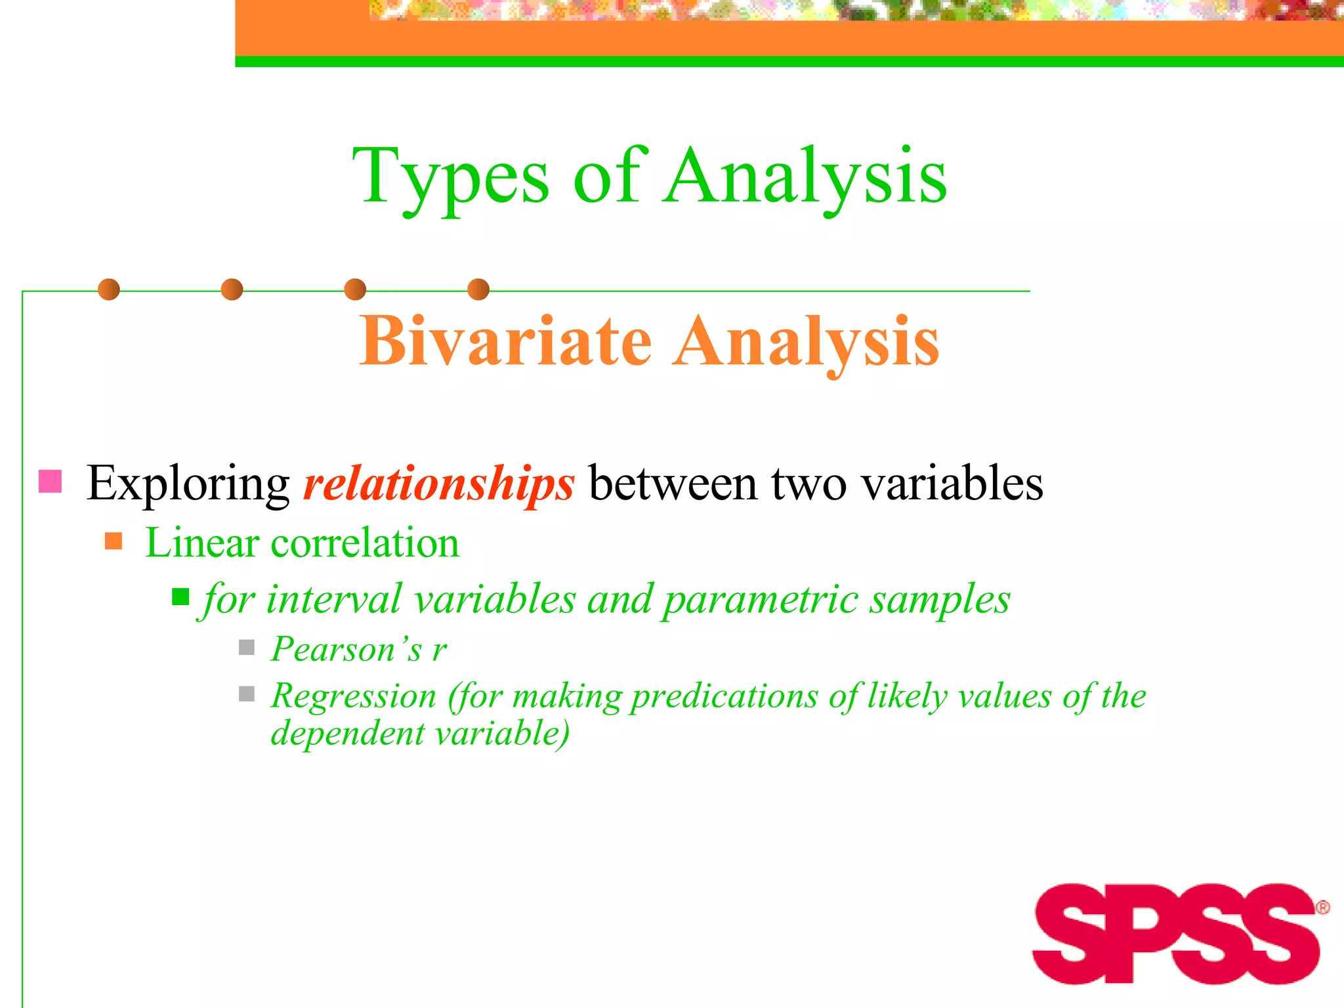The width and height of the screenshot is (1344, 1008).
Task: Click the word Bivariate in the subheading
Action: pyautogui.click(x=505, y=341)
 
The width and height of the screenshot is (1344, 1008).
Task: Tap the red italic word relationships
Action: pyautogui.click(x=438, y=484)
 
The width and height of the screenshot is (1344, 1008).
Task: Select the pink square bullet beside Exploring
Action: pyautogui.click(x=51, y=481)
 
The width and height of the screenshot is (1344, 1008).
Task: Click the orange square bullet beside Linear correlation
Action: pyautogui.click(x=114, y=541)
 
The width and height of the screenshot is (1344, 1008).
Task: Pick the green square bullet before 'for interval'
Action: pyautogui.click(x=180, y=597)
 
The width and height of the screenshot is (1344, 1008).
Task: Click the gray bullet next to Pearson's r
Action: pyautogui.click(x=247, y=648)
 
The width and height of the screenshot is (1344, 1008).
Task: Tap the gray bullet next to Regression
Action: pyautogui.click(x=247, y=694)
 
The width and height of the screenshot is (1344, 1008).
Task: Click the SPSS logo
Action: pyautogui.click(x=1175, y=934)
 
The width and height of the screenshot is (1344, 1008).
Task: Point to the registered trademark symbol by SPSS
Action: pyautogui.click(x=1322, y=908)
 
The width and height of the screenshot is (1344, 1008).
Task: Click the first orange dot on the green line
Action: pyautogui.click(x=109, y=289)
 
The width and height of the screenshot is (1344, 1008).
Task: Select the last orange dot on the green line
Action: pyautogui.click(x=478, y=289)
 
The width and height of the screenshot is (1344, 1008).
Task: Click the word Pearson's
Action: pyautogui.click(x=346, y=650)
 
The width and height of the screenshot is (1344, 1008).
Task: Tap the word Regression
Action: pyautogui.click(x=354, y=696)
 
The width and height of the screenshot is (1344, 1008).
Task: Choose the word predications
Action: pyautogui.click(x=724, y=697)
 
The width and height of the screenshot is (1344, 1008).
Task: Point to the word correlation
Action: pyautogui.click(x=365, y=543)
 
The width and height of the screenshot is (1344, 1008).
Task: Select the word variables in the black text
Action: pyautogui.click(x=952, y=484)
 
